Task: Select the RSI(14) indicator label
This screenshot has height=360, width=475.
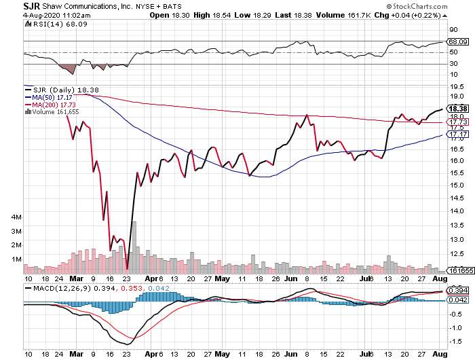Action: [x=41, y=24]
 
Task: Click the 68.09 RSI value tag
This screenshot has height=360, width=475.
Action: [x=455, y=41]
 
